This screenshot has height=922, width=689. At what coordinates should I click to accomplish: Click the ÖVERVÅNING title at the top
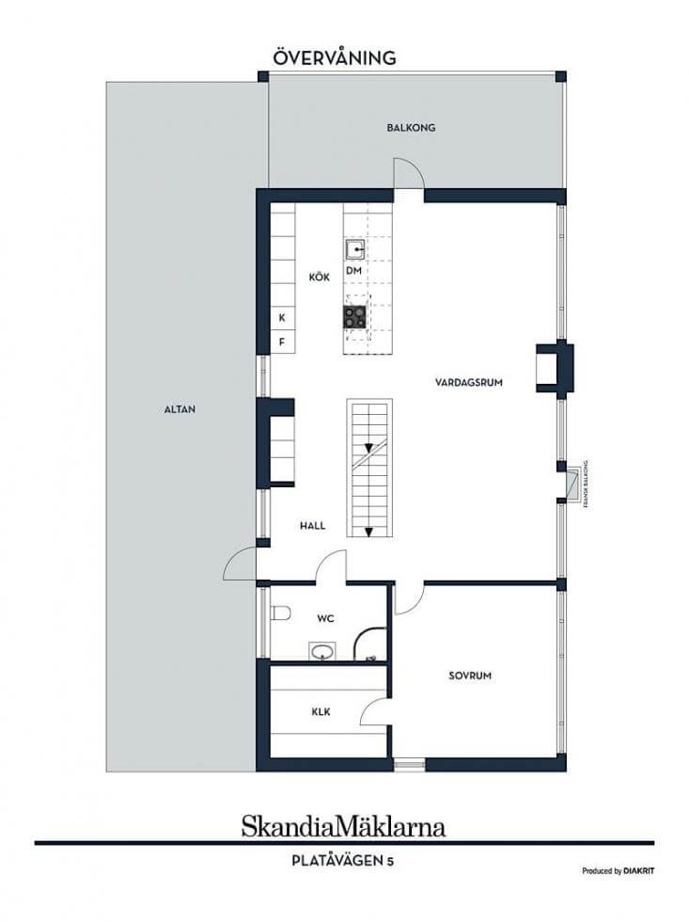335,57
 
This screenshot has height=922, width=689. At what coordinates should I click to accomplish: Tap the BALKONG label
411,128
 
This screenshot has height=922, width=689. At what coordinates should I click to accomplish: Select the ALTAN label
180,409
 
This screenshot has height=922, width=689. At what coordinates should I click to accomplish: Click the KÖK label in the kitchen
320,277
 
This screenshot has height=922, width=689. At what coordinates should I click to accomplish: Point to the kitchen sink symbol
354,249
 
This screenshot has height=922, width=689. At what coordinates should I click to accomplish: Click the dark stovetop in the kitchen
354,317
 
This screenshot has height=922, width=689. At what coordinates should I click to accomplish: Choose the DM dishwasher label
353,271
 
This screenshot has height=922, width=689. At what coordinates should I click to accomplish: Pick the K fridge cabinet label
282,318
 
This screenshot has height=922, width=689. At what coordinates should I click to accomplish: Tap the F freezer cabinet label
282,342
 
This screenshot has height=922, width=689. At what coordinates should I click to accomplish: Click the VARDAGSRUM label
469,382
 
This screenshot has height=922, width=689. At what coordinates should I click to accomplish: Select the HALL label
312,526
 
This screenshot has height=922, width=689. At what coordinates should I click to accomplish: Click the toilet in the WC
281,612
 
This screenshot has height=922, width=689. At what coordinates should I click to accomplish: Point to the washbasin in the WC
322,651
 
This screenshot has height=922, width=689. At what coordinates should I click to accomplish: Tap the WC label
325,619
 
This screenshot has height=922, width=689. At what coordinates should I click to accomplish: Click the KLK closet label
321,712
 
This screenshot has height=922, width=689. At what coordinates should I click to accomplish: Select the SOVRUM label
470,676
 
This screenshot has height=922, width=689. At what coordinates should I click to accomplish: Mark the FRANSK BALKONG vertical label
586,484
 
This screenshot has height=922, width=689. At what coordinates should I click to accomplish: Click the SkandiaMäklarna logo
344,826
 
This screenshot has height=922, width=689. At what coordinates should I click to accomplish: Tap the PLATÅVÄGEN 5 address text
343,861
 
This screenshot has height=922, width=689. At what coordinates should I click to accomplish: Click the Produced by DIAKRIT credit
618,871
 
